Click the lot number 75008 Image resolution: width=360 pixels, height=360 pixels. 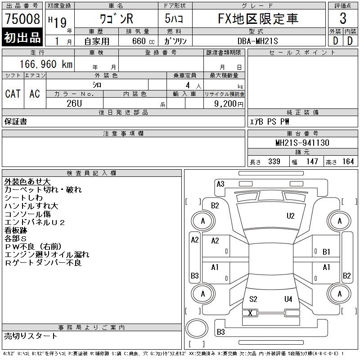pos(22,18)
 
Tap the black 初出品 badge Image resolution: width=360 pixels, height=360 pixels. pos(22,37)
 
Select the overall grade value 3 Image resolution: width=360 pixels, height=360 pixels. pos(343,18)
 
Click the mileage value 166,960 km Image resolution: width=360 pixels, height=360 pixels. pos(46,64)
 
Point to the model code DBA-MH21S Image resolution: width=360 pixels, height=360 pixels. pos(257,41)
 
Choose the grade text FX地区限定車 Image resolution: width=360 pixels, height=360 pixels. pos(258,18)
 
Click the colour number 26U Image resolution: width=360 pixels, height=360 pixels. pos(74,103)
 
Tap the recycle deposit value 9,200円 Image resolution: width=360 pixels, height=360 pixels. pos(229,104)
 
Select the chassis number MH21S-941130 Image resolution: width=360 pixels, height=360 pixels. pos(302,143)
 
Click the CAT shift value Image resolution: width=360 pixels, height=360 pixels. pos(13,94)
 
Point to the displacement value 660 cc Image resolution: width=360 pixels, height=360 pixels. pos(143,41)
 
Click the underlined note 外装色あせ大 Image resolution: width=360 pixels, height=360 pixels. pos(27,182)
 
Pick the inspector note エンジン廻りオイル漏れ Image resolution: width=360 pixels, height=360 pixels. pos(47,255)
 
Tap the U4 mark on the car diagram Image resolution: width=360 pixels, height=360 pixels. pos(288,299)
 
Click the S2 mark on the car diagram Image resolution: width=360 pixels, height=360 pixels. pos(253,299)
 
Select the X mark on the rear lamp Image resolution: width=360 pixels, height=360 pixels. pos(250,313)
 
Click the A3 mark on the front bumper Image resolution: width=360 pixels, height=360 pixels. pos(220,184)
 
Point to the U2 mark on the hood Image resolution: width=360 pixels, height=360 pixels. pos(290,216)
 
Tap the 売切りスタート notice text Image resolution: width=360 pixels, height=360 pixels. pos(31,336)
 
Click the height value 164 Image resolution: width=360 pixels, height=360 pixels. pos(348,162)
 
